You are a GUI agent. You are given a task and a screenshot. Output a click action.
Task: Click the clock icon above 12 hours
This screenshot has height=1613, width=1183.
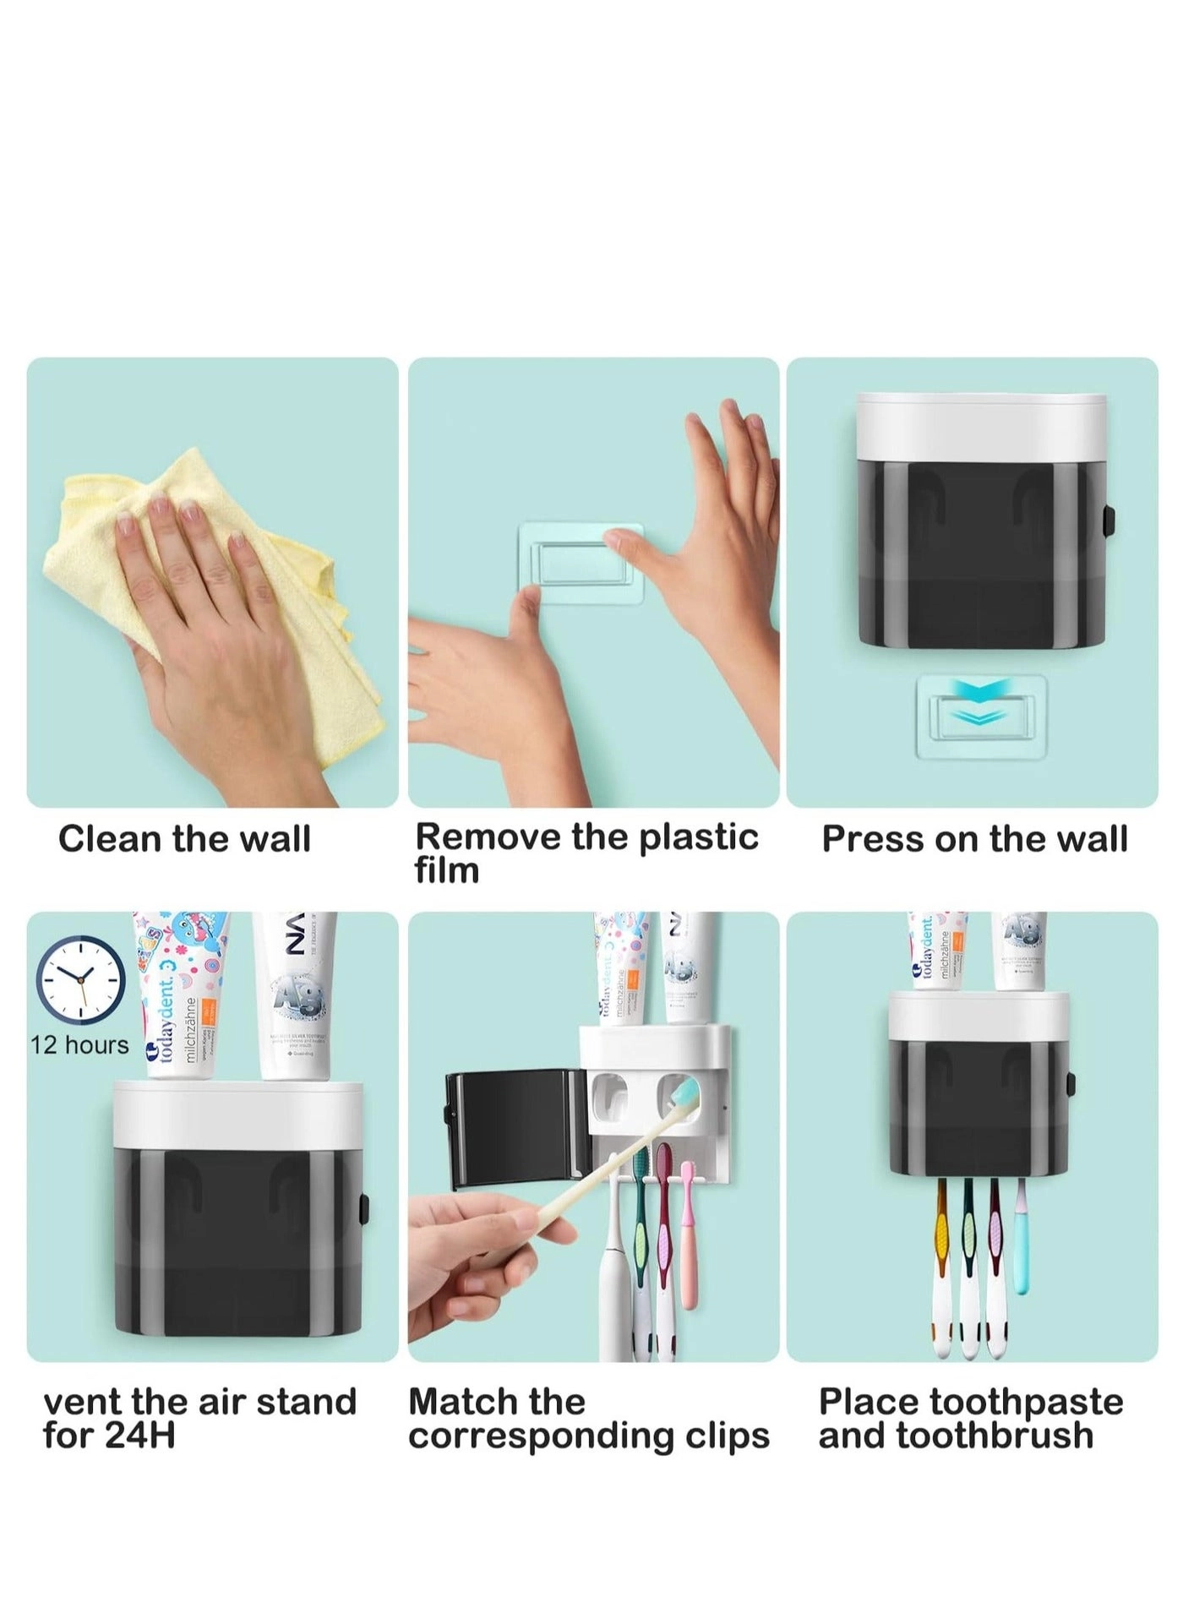[x=80, y=980]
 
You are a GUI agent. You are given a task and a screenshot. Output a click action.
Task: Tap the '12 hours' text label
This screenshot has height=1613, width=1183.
[x=79, y=1045]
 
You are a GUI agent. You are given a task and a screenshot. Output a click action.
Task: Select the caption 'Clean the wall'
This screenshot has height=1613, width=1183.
[x=184, y=839]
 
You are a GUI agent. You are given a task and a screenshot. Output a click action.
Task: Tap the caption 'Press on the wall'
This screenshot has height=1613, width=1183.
[x=974, y=839]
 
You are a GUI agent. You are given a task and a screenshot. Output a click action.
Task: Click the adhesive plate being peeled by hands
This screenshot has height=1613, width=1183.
[x=581, y=562]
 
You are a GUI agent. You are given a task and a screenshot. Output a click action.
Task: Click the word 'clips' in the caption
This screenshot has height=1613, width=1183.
[x=727, y=1436]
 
